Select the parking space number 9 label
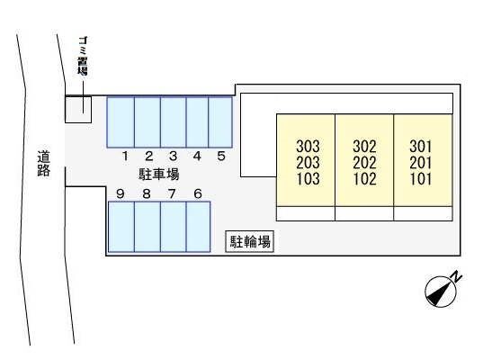click(x=120, y=193)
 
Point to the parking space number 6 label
click(x=197, y=193)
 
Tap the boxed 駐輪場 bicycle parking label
click(x=249, y=241)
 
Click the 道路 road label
click(x=43, y=164)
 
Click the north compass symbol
click(x=441, y=289)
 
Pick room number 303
click(x=306, y=146)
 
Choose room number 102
click(x=364, y=178)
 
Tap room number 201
click(x=421, y=162)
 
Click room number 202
click(x=364, y=162)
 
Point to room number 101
click(x=421, y=178)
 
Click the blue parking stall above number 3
click(x=173, y=121)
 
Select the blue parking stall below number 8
click(x=147, y=227)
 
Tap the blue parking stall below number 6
click(x=198, y=227)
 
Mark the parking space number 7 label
click(x=172, y=193)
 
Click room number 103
click(x=306, y=178)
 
